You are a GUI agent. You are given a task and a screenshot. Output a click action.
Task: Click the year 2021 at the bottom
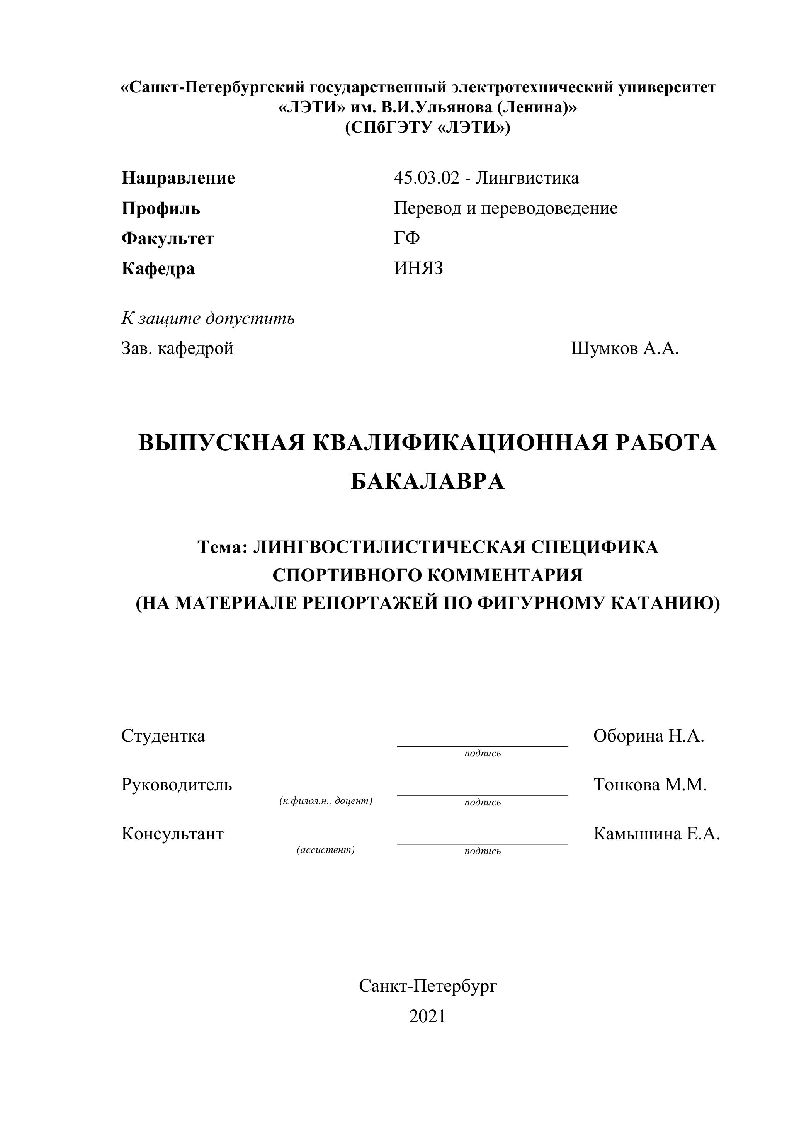click(427, 1016)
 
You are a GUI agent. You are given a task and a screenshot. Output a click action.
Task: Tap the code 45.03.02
click(426, 178)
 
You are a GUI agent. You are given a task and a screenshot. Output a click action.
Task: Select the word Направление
click(178, 178)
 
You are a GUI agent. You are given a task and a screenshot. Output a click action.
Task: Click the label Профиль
click(161, 208)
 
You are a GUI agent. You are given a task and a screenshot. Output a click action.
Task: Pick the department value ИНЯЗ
click(418, 268)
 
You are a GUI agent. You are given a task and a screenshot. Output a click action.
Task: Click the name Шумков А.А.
click(624, 349)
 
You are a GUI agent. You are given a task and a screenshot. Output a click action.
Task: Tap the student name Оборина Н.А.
click(648, 736)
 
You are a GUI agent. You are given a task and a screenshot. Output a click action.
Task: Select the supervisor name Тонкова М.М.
click(650, 785)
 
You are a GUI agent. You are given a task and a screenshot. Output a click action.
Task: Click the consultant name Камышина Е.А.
click(656, 834)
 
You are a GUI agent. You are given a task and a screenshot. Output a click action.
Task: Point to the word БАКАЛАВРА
click(428, 482)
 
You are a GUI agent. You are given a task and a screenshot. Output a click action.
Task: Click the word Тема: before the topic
click(222, 547)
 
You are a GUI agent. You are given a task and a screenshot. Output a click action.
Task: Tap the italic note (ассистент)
click(326, 850)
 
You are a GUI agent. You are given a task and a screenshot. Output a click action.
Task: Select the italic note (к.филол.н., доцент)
click(326, 801)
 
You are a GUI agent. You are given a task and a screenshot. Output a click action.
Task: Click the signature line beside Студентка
click(482, 745)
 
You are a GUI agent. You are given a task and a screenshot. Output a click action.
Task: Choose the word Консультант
click(172, 834)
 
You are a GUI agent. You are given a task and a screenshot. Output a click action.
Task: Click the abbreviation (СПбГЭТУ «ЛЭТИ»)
click(428, 128)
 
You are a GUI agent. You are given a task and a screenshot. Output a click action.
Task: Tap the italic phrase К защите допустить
click(208, 318)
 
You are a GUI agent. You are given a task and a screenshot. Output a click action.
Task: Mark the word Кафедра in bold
click(158, 269)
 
